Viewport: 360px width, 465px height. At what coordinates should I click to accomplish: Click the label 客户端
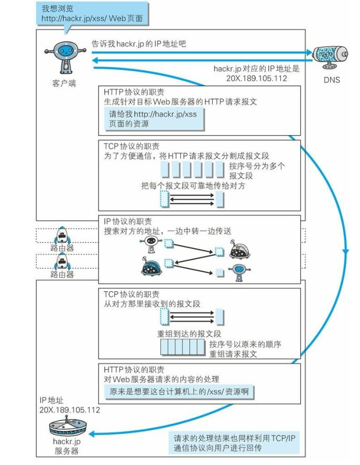[64, 83]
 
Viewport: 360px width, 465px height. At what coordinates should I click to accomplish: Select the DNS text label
[332, 80]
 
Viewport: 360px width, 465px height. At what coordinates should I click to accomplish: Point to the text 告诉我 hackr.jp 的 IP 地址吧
[139, 44]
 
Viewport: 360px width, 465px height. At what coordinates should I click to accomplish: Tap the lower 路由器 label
[62, 274]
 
